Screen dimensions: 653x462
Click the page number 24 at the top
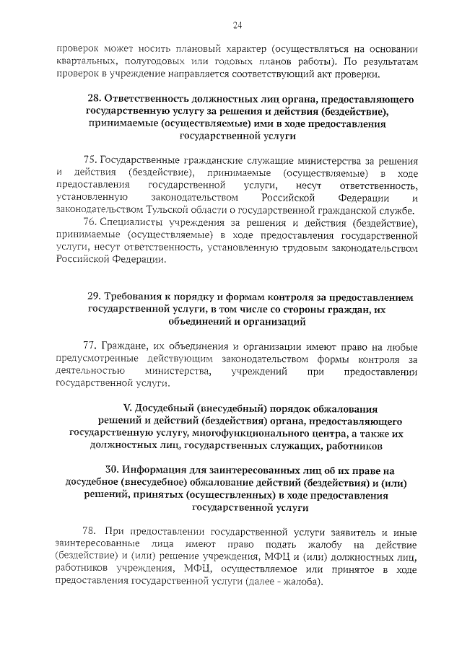point(237,27)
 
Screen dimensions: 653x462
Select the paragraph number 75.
point(90,159)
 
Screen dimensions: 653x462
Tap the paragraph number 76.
point(90,222)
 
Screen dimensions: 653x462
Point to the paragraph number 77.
point(90,346)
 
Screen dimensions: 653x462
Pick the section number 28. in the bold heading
point(94,97)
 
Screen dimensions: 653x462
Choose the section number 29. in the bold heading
point(95,297)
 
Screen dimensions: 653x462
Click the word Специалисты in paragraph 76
point(131,222)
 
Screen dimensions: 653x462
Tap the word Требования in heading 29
point(136,297)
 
